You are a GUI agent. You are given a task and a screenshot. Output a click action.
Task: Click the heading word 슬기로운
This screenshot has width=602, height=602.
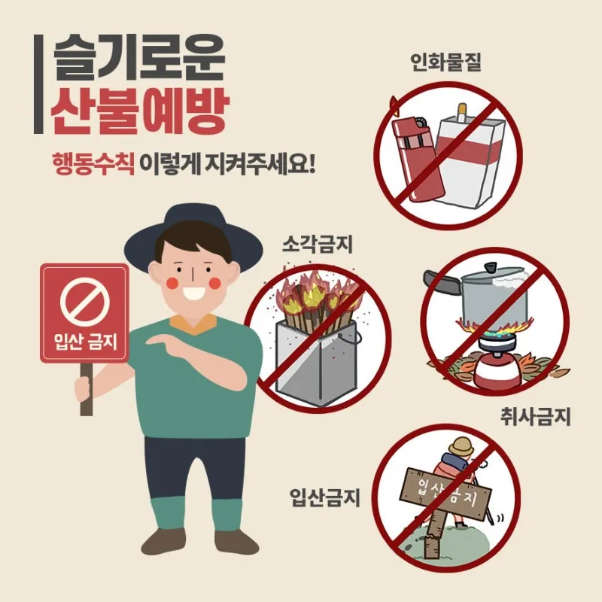tap(139, 58)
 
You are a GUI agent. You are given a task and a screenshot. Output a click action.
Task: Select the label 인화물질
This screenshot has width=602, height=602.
tap(445, 62)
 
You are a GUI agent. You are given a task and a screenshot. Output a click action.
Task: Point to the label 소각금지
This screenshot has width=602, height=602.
tap(318, 243)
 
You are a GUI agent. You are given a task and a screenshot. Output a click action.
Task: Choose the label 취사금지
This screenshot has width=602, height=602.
tap(535, 417)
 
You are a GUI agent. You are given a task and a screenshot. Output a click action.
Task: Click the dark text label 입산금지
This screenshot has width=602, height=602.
tap(325, 497)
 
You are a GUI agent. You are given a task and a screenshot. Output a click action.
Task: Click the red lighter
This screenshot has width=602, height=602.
tap(418, 157)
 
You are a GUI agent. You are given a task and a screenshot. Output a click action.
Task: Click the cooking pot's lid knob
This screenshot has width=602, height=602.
tap(491, 267)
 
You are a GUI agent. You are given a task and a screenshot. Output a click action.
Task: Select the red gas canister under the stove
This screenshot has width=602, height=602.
tap(497, 369)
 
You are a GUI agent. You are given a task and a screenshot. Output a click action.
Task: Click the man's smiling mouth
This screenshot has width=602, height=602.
tap(195, 293)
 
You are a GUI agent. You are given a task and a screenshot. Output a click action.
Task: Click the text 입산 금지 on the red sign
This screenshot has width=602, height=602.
tap(85, 341)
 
